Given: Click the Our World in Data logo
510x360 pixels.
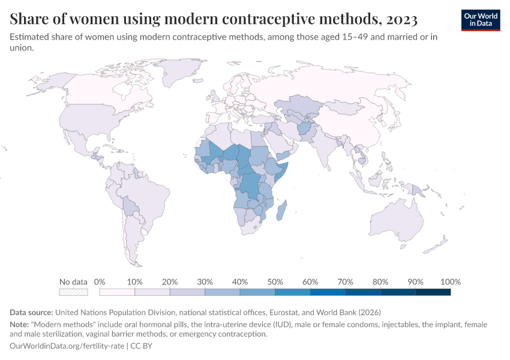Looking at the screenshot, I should [x=480, y=20].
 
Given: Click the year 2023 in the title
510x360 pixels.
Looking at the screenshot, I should [x=398, y=19].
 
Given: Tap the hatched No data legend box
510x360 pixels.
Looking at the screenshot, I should [x=73, y=292].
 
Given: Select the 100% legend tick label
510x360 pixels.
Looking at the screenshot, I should [x=450, y=282].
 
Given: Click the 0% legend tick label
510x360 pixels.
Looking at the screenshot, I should [x=100, y=282].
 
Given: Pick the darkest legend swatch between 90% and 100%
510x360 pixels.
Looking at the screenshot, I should [x=433, y=292].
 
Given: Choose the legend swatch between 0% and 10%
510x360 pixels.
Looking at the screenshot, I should [x=117, y=292].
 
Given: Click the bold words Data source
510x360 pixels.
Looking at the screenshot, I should [x=31, y=312].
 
